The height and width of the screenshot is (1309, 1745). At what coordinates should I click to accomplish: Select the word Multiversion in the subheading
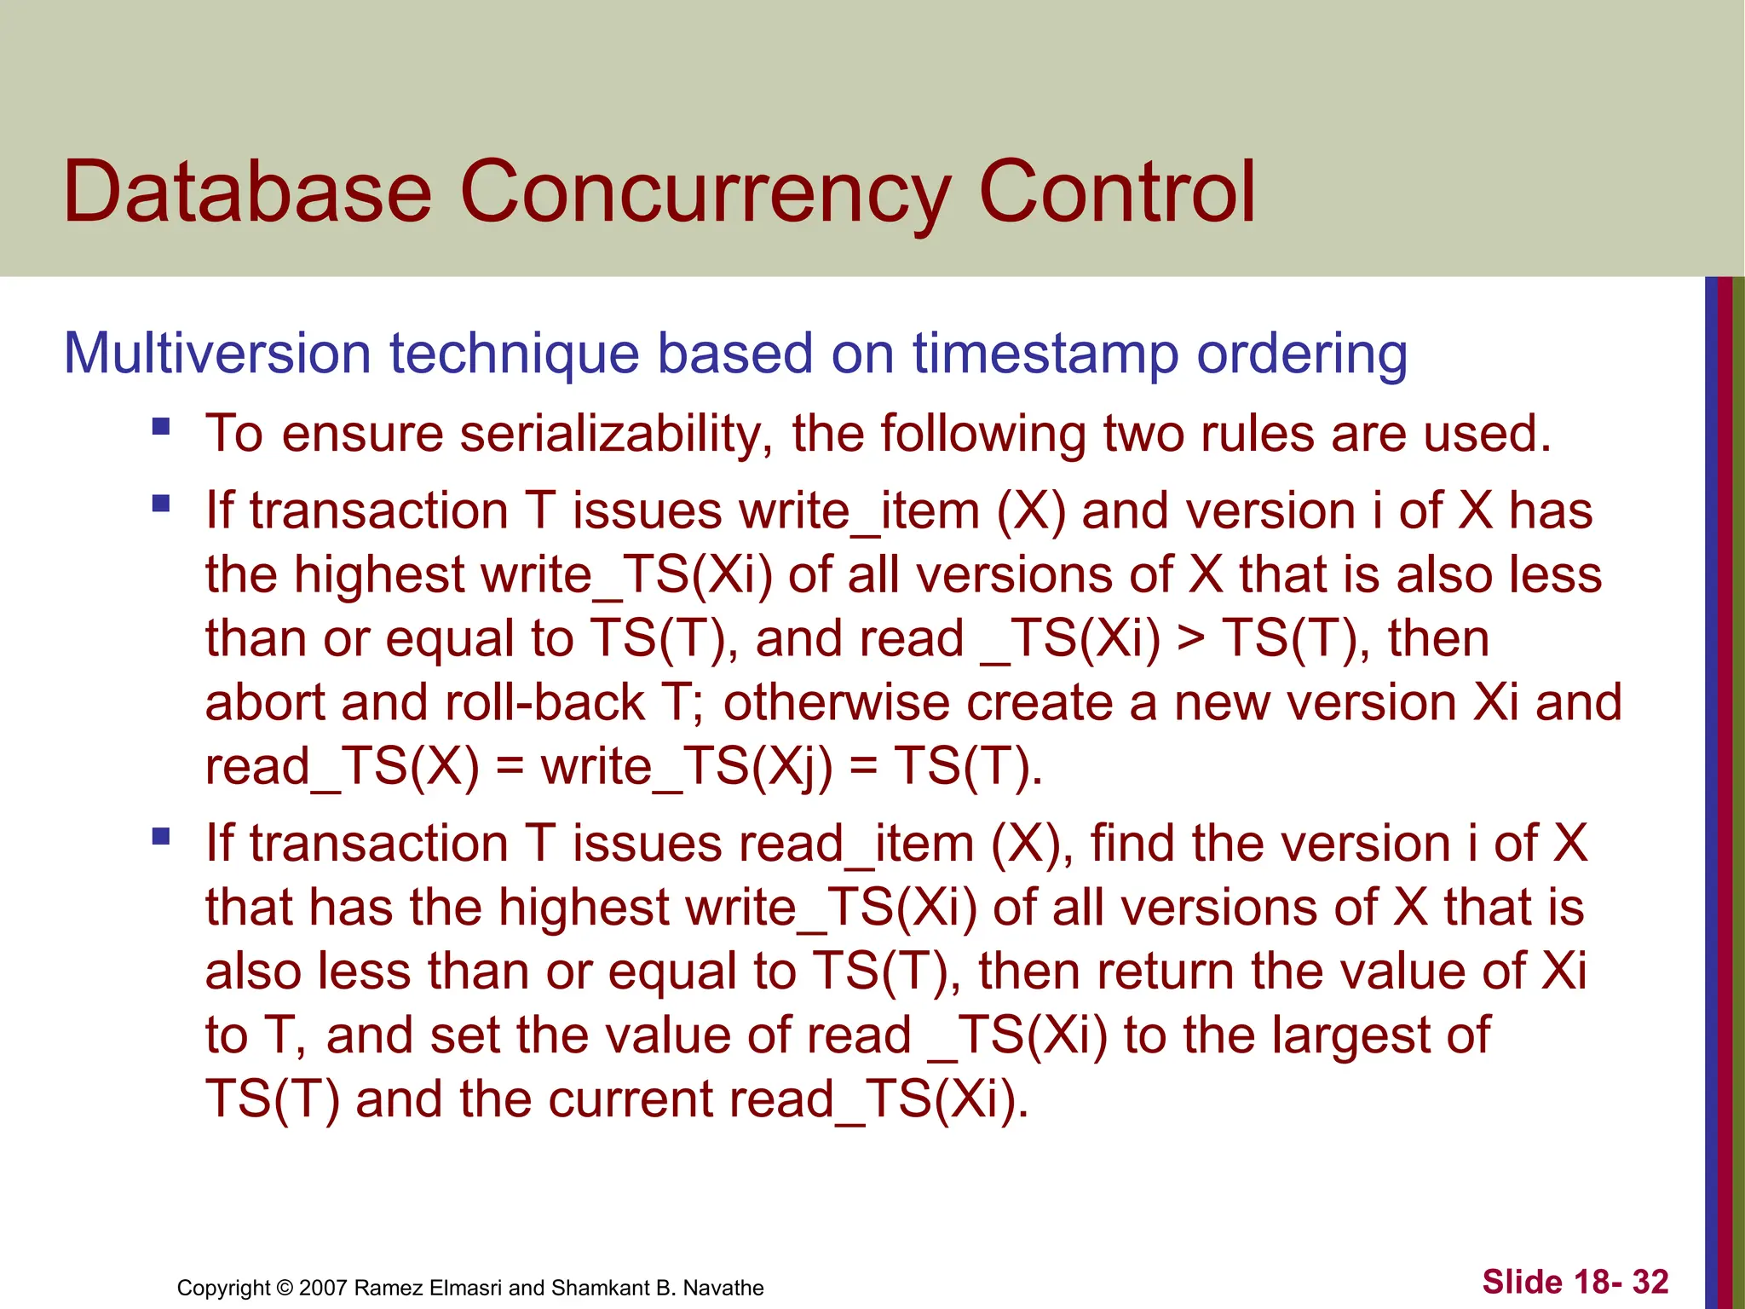(217, 353)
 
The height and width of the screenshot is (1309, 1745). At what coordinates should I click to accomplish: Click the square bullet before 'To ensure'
(161, 426)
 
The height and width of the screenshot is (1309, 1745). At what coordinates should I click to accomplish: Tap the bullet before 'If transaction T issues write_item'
(161, 504)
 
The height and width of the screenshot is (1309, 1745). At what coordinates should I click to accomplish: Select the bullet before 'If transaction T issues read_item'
(161, 836)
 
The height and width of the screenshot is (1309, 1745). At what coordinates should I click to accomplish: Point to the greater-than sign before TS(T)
(1191, 639)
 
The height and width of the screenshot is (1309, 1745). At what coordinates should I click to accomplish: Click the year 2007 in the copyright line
(323, 1288)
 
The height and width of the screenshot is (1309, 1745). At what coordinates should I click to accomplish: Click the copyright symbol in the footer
(285, 1288)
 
